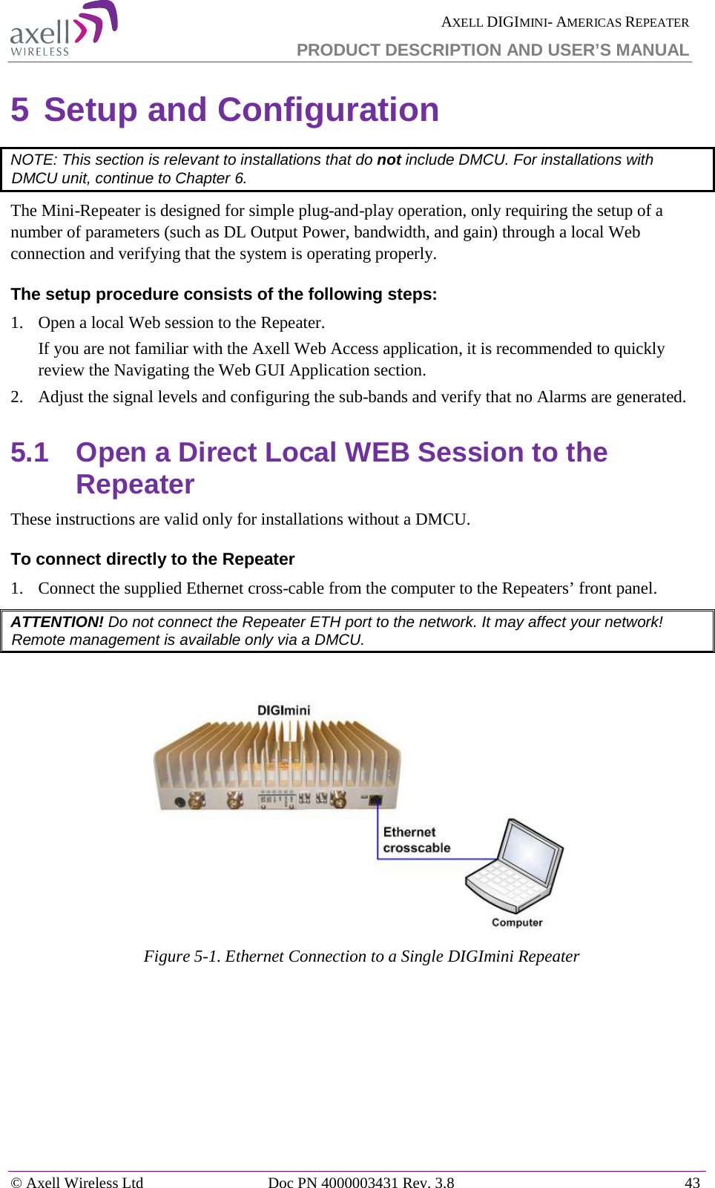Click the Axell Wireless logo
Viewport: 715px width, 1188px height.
(x=63, y=30)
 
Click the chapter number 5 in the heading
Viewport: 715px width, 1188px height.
(x=20, y=110)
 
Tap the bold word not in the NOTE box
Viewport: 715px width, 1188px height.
(x=389, y=160)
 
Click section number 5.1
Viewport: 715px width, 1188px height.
(x=30, y=452)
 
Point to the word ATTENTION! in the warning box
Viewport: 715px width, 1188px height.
(x=57, y=622)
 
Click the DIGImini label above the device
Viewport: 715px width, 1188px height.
(x=283, y=710)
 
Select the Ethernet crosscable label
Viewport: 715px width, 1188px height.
(x=416, y=840)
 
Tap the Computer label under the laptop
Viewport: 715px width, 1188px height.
(x=517, y=922)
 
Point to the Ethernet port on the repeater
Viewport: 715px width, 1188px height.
(x=375, y=800)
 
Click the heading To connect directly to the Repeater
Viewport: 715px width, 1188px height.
(x=153, y=559)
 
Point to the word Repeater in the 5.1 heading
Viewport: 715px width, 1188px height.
(x=135, y=485)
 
